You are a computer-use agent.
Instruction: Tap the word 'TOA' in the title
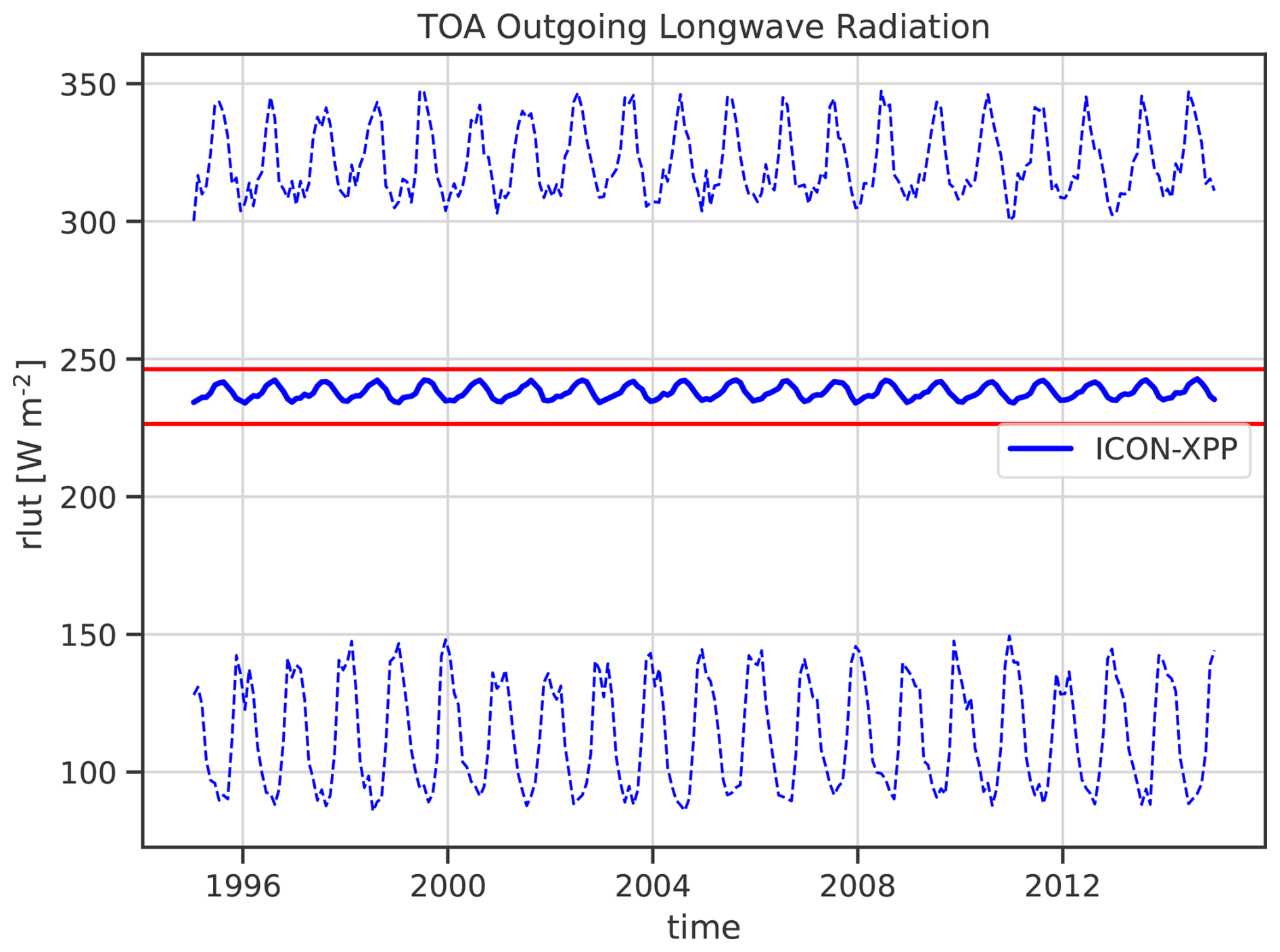(452, 27)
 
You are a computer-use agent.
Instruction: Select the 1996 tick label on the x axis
(243, 886)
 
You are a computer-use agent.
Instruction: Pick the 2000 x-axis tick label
(448, 886)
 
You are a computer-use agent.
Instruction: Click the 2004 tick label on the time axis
(653, 886)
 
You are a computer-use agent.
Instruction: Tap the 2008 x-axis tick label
(858, 886)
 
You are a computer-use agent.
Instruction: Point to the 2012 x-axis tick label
(1063, 886)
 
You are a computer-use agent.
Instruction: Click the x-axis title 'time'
(704, 927)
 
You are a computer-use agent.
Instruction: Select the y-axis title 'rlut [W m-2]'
(30, 453)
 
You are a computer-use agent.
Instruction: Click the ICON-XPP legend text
(1166, 449)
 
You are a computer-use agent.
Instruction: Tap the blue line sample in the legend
(1041, 449)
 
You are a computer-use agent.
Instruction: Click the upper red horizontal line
(704, 369)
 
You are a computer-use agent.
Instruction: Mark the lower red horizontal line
(704, 424)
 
